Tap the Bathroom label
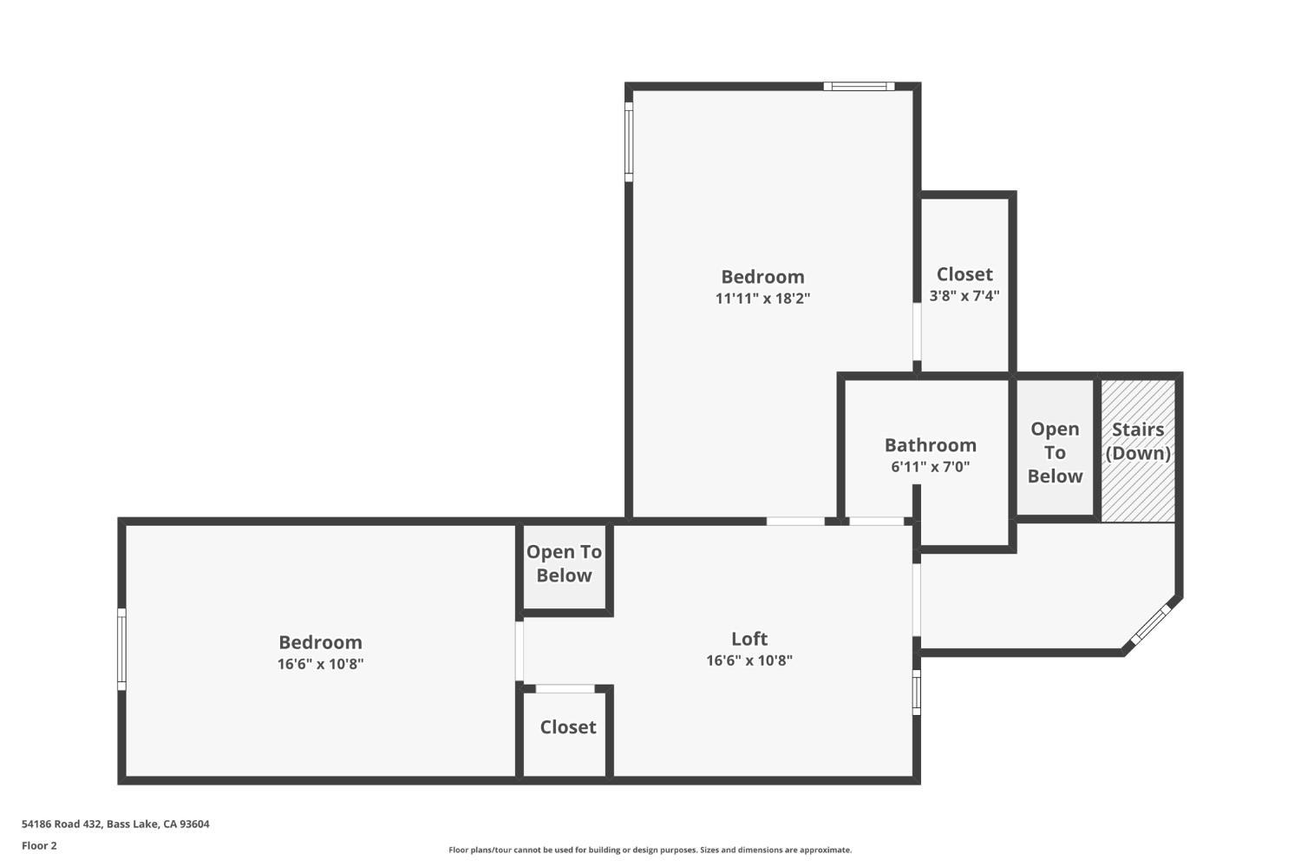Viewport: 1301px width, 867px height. (x=930, y=445)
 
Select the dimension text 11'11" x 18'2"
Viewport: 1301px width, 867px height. (x=762, y=299)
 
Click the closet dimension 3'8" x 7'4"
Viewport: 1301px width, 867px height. (x=964, y=295)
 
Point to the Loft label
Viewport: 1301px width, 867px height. (x=749, y=639)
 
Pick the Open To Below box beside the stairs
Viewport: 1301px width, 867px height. (x=1055, y=452)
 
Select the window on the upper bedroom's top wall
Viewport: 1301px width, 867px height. (x=859, y=86)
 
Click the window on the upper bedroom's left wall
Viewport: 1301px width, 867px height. (x=629, y=142)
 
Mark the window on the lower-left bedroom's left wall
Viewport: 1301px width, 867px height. (x=121, y=649)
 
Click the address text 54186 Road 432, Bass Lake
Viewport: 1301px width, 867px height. (x=115, y=824)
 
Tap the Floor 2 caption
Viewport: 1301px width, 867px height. (x=39, y=845)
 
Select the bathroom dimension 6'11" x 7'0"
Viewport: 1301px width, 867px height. (x=930, y=467)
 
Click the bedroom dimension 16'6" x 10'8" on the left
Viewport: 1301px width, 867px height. (x=320, y=664)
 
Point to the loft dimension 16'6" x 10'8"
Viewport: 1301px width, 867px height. (x=749, y=660)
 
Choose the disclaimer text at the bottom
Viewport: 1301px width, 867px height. (x=650, y=851)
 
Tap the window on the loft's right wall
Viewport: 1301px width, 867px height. (x=917, y=692)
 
